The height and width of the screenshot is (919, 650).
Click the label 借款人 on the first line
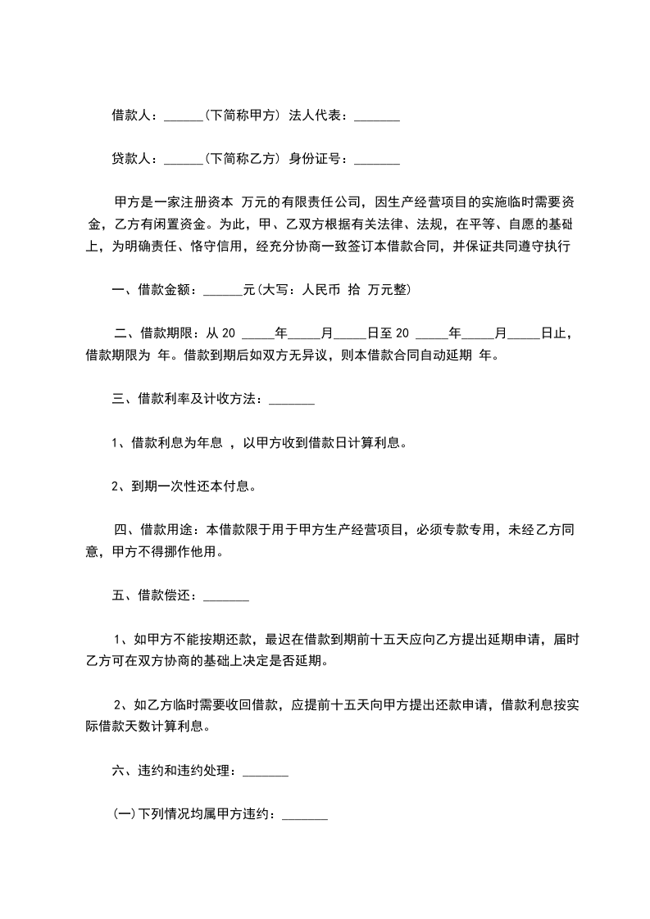click(x=131, y=116)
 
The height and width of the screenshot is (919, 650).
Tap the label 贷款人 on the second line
click(x=131, y=159)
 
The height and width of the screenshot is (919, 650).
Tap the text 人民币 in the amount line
click(x=321, y=289)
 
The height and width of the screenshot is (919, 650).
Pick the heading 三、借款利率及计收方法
click(x=186, y=399)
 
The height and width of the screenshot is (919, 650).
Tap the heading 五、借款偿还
click(x=152, y=595)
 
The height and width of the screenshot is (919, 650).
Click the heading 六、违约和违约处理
click(x=173, y=771)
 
